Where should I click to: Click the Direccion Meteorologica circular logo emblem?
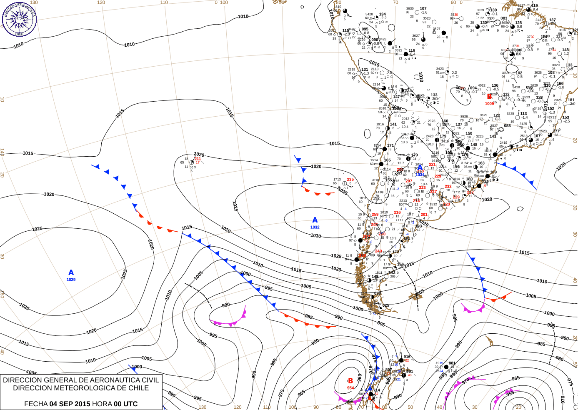(19, 19)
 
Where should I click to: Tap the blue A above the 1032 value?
(315, 220)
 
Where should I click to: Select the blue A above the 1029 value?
(71, 272)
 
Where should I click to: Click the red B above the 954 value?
(350, 381)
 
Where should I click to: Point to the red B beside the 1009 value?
(490, 97)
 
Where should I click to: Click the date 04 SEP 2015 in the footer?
(70, 404)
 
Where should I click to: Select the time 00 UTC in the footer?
(126, 404)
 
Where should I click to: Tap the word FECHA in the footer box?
(36, 404)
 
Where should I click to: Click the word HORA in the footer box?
(102, 404)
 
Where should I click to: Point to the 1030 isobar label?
(315, 236)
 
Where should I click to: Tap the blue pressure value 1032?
(315, 227)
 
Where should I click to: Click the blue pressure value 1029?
(71, 280)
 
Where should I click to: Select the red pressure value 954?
(350, 388)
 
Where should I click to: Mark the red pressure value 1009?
(489, 104)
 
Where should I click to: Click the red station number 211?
(198, 159)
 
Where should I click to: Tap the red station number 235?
(350, 180)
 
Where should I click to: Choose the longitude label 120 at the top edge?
(101, 2)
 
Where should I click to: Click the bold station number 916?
(407, 357)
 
